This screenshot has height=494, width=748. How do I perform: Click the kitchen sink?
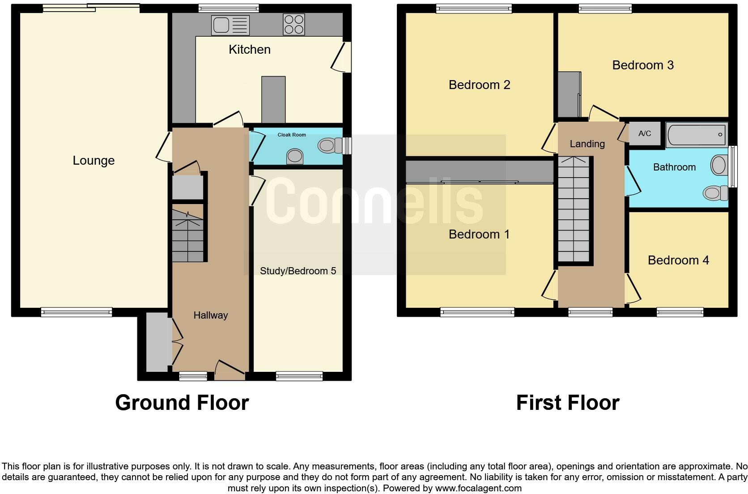(x=230, y=25)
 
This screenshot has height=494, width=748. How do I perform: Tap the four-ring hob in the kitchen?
(x=294, y=25)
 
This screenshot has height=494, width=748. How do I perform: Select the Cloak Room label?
(x=292, y=135)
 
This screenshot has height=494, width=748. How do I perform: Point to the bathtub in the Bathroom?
(x=696, y=134)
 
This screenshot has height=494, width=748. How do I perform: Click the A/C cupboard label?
(x=645, y=133)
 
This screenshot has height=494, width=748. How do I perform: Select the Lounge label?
(x=93, y=161)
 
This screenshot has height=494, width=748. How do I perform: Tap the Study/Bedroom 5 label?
(x=298, y=271)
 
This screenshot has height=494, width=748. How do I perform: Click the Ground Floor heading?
(x=182, y=403)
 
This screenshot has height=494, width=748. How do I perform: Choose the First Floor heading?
(x=567, y=403)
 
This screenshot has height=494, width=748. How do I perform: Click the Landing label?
(x=587, y=144)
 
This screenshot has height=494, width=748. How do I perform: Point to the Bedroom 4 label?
(x=678, y=260)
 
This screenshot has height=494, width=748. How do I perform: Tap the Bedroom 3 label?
(x=642, y=65)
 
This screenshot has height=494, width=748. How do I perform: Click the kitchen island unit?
(x=273, y=99)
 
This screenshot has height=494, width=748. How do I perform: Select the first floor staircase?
(x=574, y=209)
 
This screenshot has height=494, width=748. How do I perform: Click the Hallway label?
(x=210, y=315)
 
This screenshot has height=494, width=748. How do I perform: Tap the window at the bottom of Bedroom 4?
(x=680, y=312)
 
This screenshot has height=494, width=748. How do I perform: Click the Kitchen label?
(x=249, y=50)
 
